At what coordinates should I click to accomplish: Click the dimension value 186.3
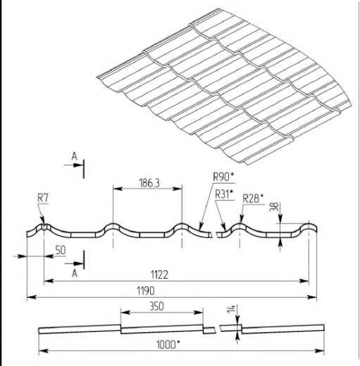[149, 183]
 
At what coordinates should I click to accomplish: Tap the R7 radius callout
[43, 198]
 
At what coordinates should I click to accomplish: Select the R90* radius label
[223, 177]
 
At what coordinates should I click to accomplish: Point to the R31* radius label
[225, 194]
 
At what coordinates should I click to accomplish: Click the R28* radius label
[253, 198]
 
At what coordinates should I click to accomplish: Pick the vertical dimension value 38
[275, 206]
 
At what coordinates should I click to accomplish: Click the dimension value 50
[61, 251]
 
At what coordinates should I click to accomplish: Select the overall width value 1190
[146, 291]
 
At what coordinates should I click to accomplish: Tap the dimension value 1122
[159, 274]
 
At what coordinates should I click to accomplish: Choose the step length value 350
[156, 306]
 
